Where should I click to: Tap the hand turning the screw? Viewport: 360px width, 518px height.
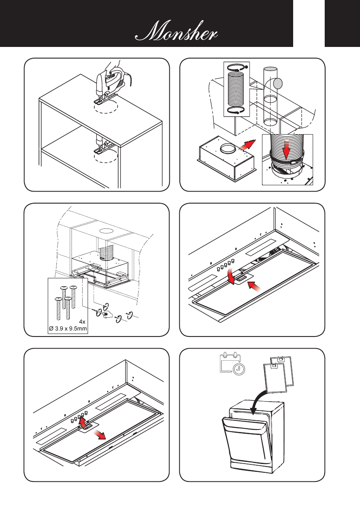[x=107, y=314]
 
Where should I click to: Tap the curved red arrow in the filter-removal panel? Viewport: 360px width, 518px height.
[x=83, y=422]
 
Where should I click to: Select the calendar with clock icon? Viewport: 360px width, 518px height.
[x=232, y=365]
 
